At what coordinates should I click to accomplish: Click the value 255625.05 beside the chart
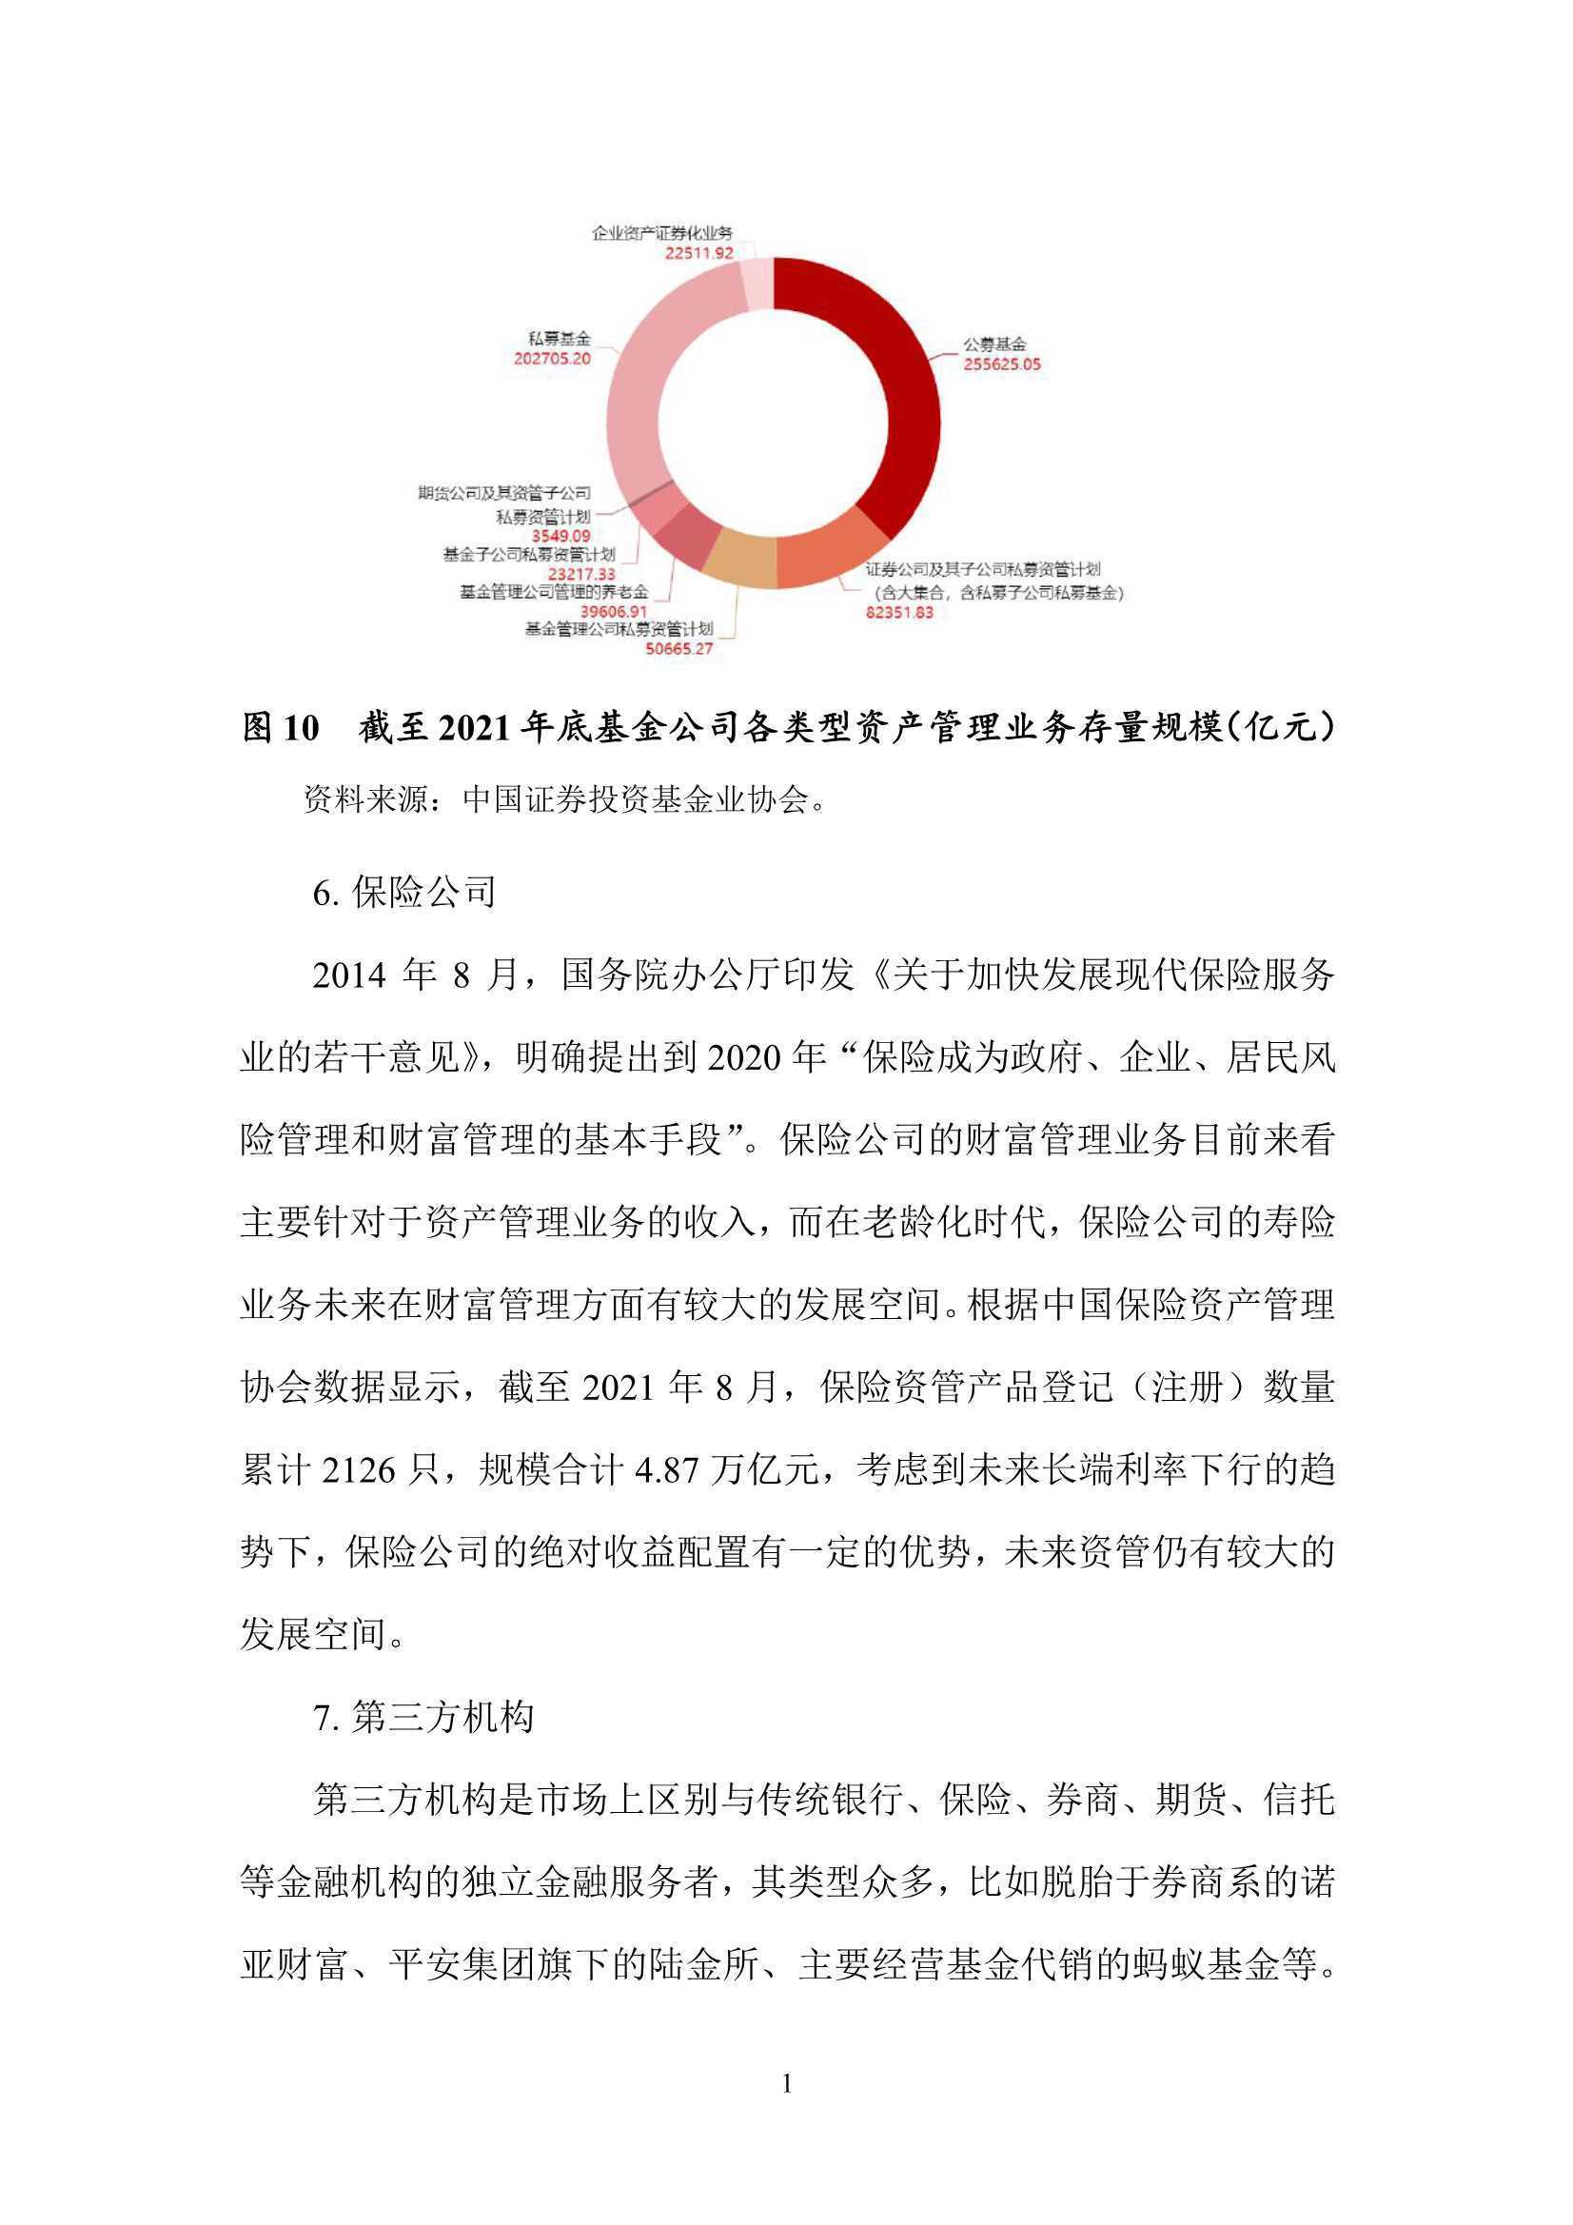[x=1001, y=365]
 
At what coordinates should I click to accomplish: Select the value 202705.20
[x=552, y=358]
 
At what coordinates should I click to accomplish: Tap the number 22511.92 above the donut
[x=698, y=253]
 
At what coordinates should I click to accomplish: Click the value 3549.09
[x=560, y=535]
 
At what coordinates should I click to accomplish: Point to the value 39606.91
[x=614, y=612]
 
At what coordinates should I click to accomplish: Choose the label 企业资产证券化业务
[x=663, y=233]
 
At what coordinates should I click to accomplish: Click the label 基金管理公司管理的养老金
[x=554, y=592]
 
